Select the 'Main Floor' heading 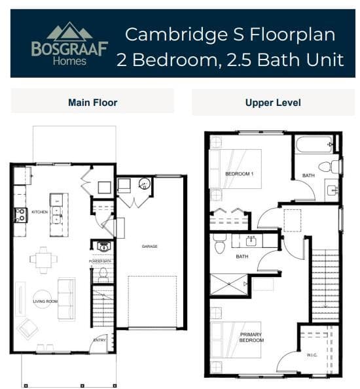pos(92,103)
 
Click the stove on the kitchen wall pos(20,214)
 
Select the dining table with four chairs pos(43,259)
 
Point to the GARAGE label pos(150,246)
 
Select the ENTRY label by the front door pos(99,340)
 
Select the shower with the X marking pos(228,284)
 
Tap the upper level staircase pos(325,281)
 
